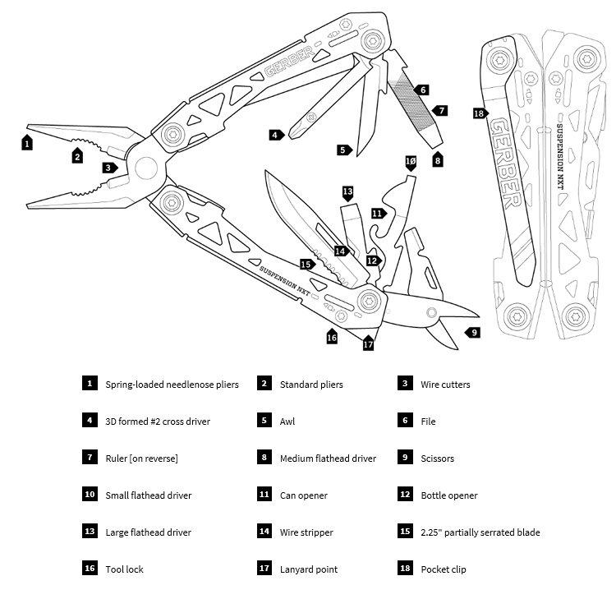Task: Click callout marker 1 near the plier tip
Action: (27, 142)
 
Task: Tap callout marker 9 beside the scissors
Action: (473, 333)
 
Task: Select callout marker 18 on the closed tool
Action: (480, 113)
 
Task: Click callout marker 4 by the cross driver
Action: (275, 135)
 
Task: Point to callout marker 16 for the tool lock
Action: (332, 336)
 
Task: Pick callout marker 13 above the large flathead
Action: (347, 192)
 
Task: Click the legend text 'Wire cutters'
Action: (445, 385)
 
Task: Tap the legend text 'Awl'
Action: (287, 422)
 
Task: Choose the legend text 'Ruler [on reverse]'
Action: (141, 458)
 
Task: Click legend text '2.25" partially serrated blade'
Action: (480, 532)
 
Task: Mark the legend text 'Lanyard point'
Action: (309, 569)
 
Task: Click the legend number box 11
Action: (264, 495)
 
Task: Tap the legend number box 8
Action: (264, 458)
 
